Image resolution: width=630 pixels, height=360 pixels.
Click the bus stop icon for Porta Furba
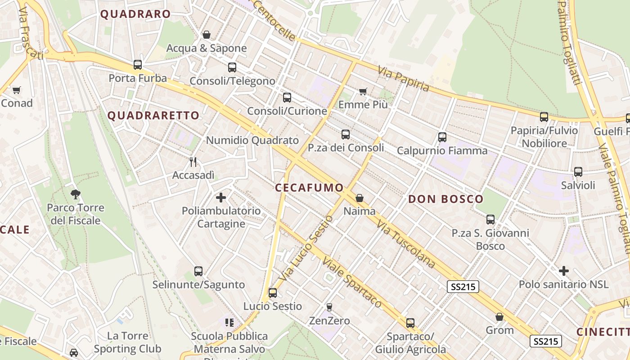click(138, 65)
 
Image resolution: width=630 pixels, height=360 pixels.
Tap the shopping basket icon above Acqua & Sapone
click(207, 35)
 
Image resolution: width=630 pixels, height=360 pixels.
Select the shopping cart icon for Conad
click(17, 90)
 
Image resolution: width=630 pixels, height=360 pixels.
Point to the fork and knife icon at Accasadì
click(193, 162)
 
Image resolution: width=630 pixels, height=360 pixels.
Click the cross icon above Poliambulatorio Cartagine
click(221, 197)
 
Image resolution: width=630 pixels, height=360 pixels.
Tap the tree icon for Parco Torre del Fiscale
click(76, 194)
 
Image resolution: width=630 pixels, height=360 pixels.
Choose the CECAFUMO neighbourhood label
click(309, 188)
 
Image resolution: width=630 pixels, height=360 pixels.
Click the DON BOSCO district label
click(445, 199)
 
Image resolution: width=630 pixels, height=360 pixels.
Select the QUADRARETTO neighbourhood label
click(153, 116)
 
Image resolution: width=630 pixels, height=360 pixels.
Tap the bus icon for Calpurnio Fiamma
click(442, 137)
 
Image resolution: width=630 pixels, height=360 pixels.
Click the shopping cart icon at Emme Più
click(363, 92)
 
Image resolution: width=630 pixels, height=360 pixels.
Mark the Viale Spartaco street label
click(352, 283)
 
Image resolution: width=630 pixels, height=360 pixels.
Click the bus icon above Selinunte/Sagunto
click(198, 271)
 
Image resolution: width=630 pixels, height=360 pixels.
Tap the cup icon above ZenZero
click(329, 307)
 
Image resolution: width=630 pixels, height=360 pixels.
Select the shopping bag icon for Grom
click(499, 317)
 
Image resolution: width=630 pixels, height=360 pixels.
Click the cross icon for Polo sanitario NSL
click(563, 271)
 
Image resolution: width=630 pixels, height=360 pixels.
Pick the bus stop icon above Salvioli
click(578, 172)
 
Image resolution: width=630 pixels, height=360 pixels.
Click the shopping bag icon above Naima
click(360, 198)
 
